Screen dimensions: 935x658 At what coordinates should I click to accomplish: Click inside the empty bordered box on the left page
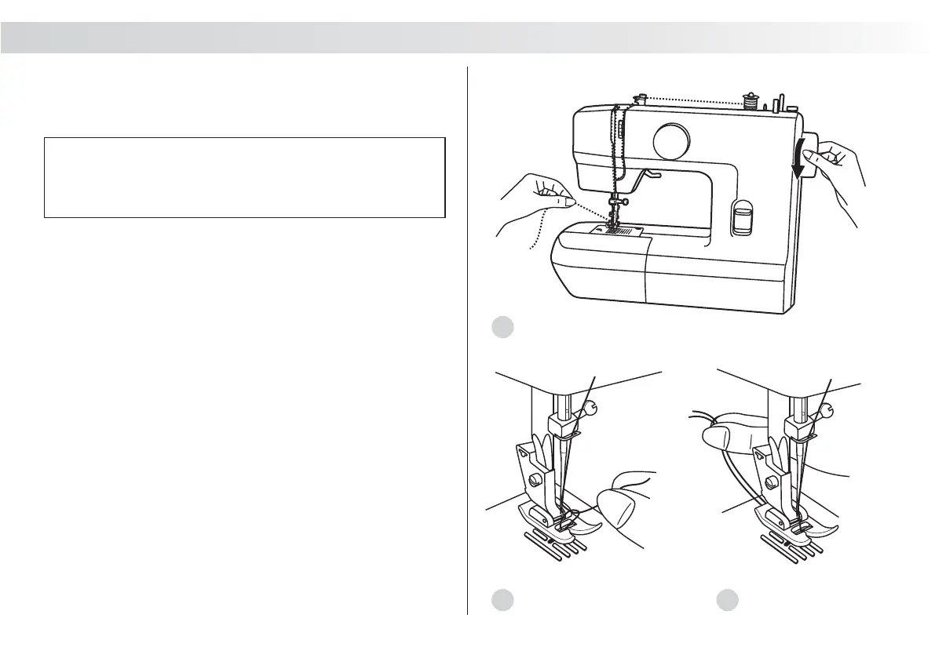pyautogui.click(x=244, y=177)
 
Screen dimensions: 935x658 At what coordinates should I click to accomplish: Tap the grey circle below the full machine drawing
pyautogui.click(x=502, y=327)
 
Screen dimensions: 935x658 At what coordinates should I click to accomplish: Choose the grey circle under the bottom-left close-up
pyautogui.click(x=502, y=601)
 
